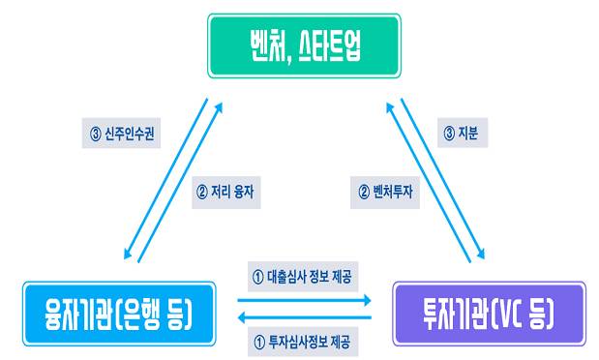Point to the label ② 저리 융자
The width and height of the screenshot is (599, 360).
pos(225,191)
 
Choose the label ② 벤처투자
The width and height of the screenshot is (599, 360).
pos(381,191)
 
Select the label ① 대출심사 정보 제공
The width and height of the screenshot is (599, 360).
pos(302,277)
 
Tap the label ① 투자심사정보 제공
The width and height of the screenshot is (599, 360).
pos(302,341)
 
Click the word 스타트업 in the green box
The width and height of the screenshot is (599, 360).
pos(336,45)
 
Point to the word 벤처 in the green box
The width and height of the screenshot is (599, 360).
pos(259,45)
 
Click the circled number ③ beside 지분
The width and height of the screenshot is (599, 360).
pos(448,133)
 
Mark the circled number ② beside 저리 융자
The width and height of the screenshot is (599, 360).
pos(201,191)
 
